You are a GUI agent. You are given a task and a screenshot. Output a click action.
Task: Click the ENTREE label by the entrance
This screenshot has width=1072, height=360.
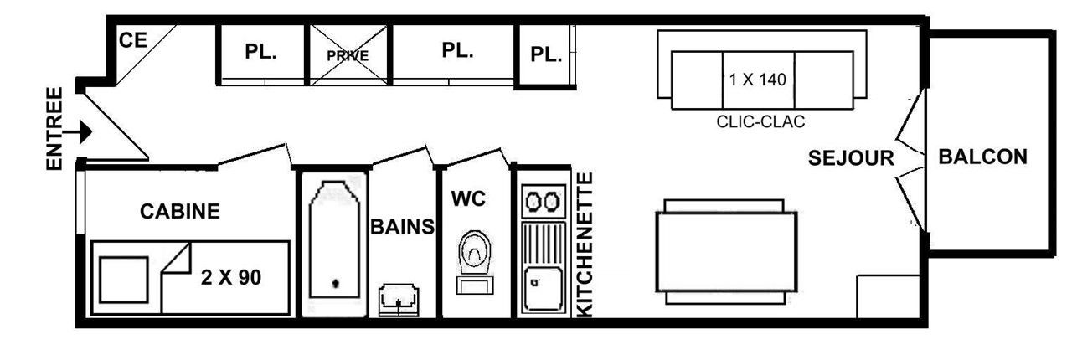[54, 128]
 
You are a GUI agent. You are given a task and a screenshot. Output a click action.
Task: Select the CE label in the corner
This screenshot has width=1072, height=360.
[132, 40]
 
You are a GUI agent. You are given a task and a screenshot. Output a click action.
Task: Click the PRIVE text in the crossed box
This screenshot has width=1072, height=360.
[348, 56]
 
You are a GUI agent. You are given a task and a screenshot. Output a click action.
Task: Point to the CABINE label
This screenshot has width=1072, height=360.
[180, 211]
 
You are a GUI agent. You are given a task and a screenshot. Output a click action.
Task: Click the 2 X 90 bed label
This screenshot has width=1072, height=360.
[231, 278]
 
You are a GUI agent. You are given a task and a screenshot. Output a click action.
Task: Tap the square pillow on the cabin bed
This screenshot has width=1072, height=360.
[123, 280]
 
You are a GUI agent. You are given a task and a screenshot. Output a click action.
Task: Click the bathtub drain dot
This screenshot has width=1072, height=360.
[336, 284]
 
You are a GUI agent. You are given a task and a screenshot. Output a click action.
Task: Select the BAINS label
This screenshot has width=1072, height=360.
[403, 226]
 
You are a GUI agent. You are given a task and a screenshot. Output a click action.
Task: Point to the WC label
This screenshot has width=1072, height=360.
[468, 198]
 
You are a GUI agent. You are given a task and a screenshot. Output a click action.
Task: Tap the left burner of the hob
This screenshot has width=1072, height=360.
[533, 202]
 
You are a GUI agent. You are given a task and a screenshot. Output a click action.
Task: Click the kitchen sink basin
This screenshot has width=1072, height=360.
[543, 289]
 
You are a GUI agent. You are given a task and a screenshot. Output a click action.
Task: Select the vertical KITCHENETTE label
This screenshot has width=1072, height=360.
[585, 244]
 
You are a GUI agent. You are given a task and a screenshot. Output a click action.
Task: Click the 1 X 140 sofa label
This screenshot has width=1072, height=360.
[758, 80]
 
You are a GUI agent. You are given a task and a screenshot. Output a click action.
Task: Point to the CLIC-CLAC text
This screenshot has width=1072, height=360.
[760, 121]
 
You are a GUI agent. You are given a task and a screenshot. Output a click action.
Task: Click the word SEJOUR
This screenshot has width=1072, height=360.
[851, 158]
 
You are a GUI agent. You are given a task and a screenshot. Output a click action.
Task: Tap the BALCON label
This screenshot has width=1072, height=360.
[982, 157]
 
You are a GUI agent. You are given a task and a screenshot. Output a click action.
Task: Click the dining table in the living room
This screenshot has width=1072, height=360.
[726, 252]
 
